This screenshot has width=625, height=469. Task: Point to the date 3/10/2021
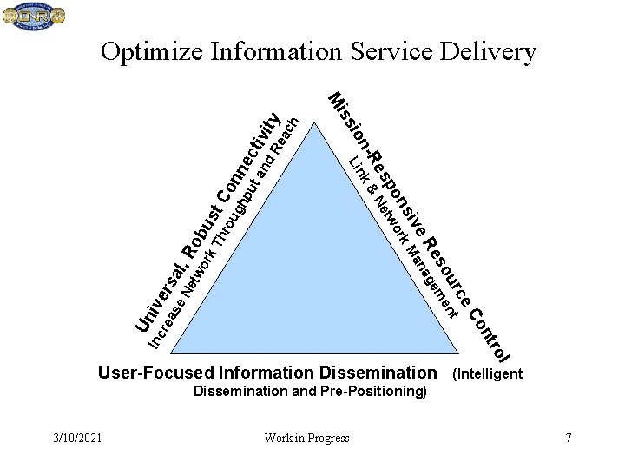point(76,438)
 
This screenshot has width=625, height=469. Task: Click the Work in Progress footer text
point(307,438)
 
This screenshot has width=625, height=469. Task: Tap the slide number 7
point(569,438)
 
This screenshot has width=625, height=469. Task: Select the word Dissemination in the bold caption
point(378,373)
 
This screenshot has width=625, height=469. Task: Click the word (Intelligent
point(487,374)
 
